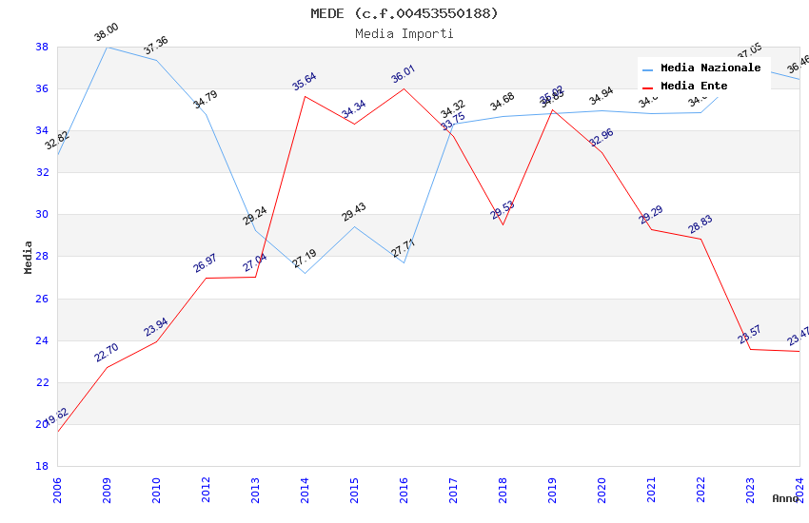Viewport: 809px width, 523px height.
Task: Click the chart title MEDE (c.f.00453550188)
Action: (404, 13)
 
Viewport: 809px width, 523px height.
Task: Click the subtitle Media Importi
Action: (404, 34)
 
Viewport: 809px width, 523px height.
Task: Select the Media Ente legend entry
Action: (694, 86)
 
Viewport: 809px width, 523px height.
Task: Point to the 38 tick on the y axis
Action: (42, 47)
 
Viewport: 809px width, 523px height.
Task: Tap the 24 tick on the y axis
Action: (42, 340)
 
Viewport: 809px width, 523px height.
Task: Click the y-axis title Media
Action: (29, 257)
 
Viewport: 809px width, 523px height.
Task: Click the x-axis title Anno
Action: (785, 498)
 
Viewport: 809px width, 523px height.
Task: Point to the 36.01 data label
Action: (404, 74)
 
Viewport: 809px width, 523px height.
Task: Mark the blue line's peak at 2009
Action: (107, 47)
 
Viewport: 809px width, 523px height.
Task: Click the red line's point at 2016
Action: (404, 88)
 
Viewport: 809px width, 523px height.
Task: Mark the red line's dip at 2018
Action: (503, 224)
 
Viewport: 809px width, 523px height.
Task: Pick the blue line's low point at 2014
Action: (305, 273)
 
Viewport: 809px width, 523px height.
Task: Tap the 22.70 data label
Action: (107, 354)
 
